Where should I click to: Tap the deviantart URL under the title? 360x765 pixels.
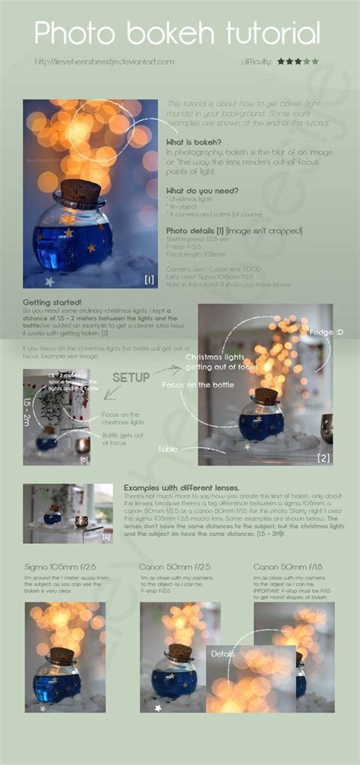104,61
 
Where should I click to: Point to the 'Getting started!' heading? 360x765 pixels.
54,302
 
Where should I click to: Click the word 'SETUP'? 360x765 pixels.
131,377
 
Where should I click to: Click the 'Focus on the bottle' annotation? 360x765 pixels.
199,385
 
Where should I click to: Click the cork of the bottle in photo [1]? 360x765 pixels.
81,190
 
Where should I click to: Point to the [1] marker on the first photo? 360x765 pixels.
150,279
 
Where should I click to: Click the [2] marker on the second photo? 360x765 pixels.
324,457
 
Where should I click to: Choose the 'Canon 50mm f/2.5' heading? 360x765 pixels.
173,567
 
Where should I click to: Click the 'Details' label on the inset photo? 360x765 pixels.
223,653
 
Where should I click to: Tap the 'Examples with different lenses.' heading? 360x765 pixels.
181,487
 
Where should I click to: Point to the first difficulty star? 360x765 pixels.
281,61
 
